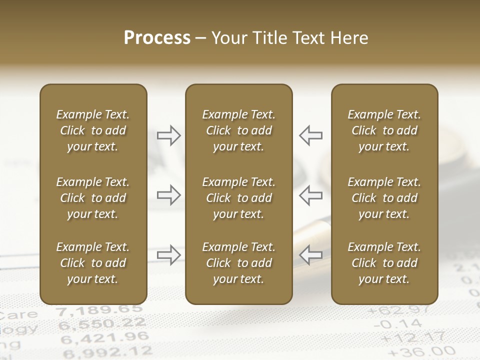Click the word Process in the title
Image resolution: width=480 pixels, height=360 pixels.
pos(157,37)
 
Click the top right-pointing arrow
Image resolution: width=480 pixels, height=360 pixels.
pos(169,135)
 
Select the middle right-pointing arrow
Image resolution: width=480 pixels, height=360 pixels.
pos(169,194)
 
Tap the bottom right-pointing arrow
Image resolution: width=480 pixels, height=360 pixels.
pos(169,254)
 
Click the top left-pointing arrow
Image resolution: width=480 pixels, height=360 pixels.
pos(310,135)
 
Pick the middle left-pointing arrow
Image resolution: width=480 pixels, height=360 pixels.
pos(310,194)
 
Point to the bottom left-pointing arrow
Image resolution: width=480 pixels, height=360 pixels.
pos(310,254)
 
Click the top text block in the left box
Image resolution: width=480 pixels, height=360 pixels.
pos(93,130)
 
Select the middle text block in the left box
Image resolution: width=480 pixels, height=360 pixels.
pos(93,198)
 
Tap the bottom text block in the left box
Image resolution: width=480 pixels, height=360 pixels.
pos(93,263)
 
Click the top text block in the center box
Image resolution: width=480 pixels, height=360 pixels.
pos(238,130)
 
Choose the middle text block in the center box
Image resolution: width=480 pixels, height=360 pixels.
pos(238,198)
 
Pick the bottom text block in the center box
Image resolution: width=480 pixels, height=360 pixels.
pos(238,263)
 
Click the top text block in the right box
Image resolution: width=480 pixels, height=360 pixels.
pos(384,130)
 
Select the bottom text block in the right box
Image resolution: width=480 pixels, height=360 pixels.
pos(384,263)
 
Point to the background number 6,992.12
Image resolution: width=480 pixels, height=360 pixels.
pos(105,352)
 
